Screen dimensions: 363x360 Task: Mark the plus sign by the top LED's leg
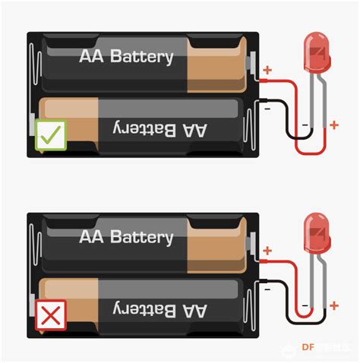[334, 125]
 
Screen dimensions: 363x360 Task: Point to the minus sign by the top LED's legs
[305, 124]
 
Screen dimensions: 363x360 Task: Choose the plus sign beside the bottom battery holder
[267, 251]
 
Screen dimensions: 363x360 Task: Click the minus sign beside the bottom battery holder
[267, 287]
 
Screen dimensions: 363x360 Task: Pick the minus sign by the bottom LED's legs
[305, 306]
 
